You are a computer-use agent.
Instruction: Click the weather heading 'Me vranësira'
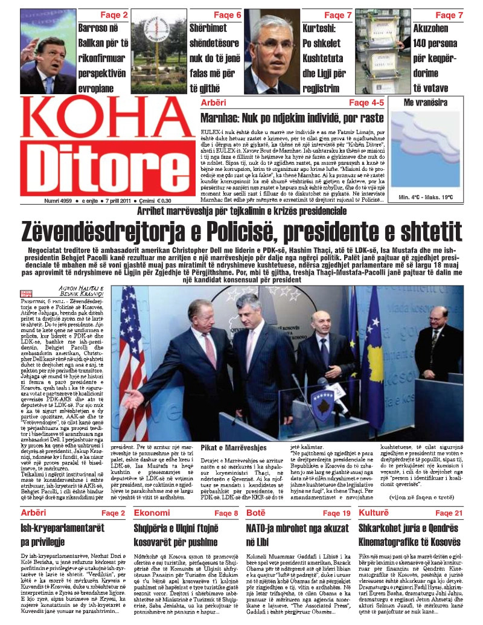click(429, 103)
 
